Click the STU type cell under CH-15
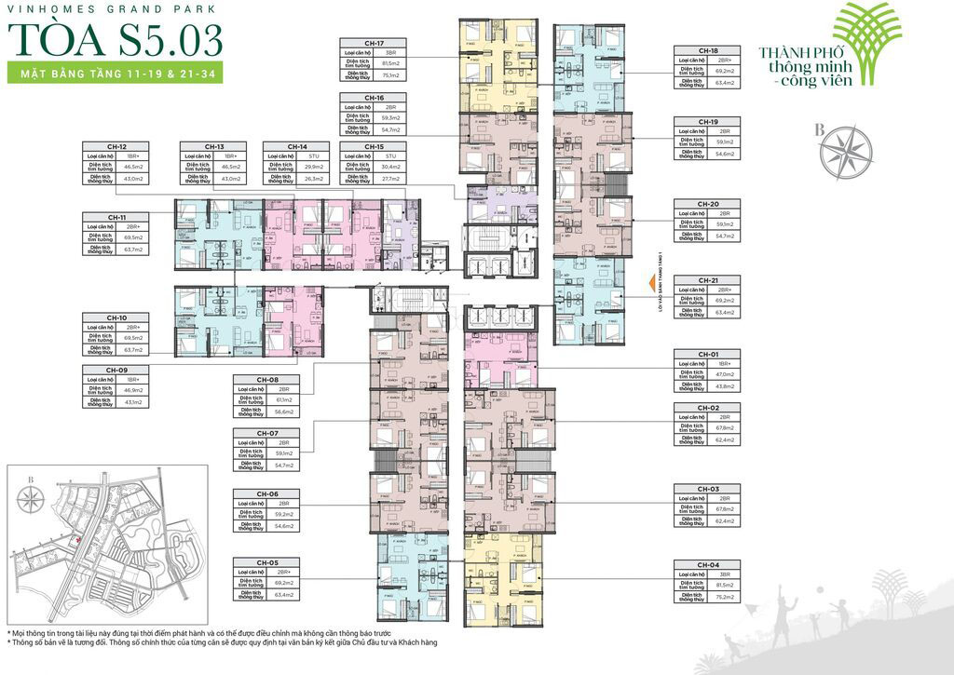(390, 156)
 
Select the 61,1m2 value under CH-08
(284, 398)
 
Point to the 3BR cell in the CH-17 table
(390, 53)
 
